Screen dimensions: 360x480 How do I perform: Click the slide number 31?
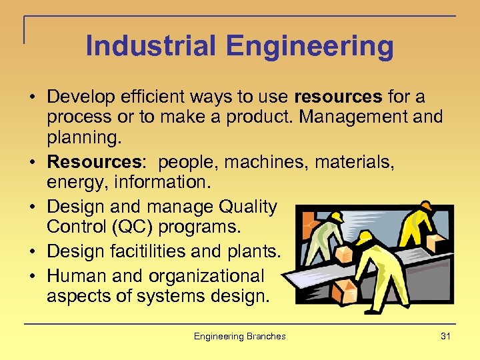click(x=445, y=336)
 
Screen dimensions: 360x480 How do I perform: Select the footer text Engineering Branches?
click(x=239, y=336)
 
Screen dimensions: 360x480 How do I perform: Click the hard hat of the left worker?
click(x=337, y=217)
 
